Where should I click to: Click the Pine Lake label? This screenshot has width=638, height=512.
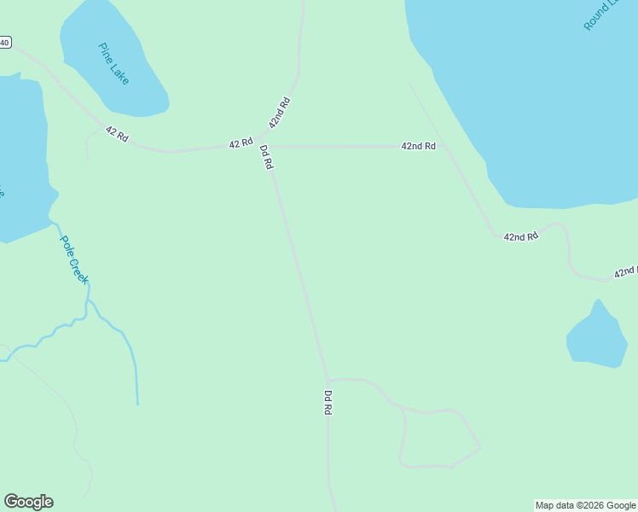coord(113,64)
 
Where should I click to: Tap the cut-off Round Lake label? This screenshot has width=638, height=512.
coord(600,15)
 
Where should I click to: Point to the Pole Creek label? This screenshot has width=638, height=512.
coord(74,259)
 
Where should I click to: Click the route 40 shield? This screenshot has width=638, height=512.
coord(5,42)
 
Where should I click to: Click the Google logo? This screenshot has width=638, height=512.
coord(28,502)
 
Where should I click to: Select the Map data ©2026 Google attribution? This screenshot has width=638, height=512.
coord(586,505)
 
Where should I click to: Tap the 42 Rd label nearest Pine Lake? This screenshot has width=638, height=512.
coord(117,134)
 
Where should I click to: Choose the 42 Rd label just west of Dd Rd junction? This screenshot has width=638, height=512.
coord(241,143)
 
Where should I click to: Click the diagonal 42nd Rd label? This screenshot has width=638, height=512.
coord(280,113)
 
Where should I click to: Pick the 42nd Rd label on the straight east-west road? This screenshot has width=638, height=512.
coord(419,146)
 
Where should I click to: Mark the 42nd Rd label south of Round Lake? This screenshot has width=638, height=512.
coord(521,236)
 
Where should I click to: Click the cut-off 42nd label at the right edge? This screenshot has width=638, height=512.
coord(626,271)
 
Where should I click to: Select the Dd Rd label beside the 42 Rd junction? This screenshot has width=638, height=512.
coord(266,157)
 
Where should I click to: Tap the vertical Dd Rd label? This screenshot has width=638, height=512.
coord(328,403)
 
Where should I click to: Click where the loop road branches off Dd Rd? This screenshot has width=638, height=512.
coord(328,380)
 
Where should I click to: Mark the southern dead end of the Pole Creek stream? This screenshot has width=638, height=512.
coord(137,404)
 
